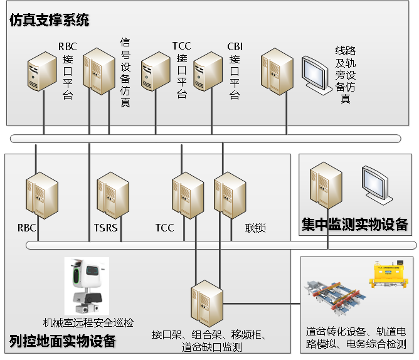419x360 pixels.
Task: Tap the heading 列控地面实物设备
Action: [x=63, y=341]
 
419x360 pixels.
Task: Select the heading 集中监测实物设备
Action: [x=355, y=224]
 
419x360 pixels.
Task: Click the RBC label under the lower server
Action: [x=26, y=228]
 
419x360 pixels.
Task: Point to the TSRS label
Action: [x=105, y=228]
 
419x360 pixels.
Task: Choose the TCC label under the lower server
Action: [x=164, y=228]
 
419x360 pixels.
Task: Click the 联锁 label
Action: [x=255, y=228]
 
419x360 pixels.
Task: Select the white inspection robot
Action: [x=87, y=286]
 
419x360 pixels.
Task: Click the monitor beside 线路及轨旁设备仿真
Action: [x=317, y=74]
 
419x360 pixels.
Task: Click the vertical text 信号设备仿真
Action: [x=125, y=72]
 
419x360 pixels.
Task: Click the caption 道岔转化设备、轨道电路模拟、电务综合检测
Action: [x=356, y=337]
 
